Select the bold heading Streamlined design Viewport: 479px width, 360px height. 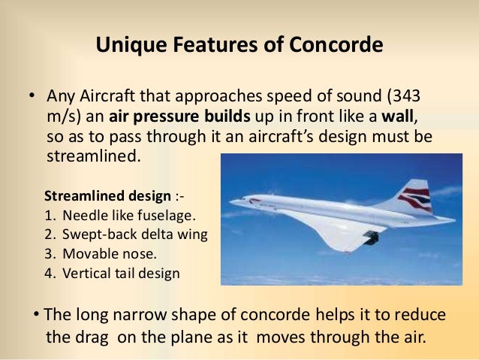[108, 197]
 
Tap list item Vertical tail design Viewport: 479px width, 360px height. [122, 273]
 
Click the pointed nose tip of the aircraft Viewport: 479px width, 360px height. [231, 201]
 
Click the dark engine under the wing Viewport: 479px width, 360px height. [369, 237]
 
